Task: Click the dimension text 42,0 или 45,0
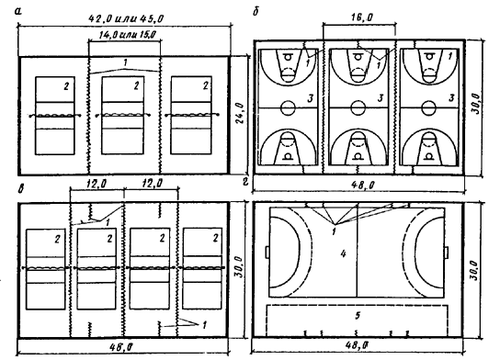click(x=126, y=18)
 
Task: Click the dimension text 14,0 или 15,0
click(x=128, y=35)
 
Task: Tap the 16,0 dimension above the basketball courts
click(x=361, y=17)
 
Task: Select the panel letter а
click(x=18, y=12)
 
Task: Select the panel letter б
click(x=256, y=13)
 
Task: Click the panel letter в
click(x=20, y=189)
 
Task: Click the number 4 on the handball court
click(x=343, y=253)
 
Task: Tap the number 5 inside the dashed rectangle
click(x=358, y=315)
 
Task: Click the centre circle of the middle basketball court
click(x=358, y=107)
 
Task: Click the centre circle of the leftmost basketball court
click(x=288, y=107)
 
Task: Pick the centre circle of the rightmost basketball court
click(x=429, y=107)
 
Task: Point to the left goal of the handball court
click(x=267, y=252)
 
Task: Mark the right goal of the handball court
click(x=447, y=252)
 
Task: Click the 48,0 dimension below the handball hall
click(x=358, y=345)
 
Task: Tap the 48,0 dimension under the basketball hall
click(x=362, y=186)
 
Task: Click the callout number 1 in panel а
click(x=125, y=63)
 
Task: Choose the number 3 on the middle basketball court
click(x=381, y=98)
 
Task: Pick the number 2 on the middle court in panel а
click(x=136, y=85)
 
